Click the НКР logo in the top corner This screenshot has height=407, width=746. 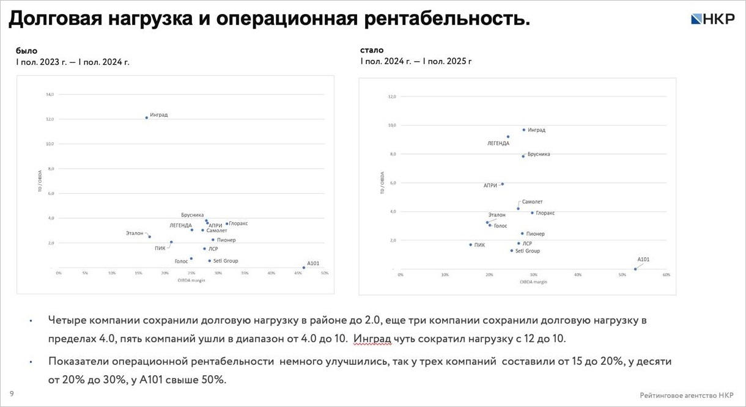click(712, 19)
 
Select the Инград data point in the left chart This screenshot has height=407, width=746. click(147, 117)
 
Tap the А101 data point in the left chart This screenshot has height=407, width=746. click(304, 267)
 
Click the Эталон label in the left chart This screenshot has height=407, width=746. click(135, 233)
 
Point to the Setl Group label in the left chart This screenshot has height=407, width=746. click(226, 261)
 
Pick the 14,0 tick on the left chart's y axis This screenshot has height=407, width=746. click(50, 95)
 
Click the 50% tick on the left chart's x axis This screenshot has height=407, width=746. click(325, 273)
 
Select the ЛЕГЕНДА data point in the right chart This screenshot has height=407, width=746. click(508, 137)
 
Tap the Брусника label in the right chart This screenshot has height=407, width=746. click(539, 154)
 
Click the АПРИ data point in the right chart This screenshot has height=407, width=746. click(502, 184)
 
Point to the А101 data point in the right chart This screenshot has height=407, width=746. click(635, 269)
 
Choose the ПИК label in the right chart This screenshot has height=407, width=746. click(479, 245)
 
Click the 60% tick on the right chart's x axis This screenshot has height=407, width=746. click(667, 275)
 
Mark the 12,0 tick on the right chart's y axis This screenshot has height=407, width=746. click(393, 97)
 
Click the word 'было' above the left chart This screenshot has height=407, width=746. click(26, 51)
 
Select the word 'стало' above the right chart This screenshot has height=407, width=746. click(372, 50)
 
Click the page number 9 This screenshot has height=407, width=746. click(12, 394)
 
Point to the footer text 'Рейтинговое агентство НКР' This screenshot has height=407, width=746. click(687, 395)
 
